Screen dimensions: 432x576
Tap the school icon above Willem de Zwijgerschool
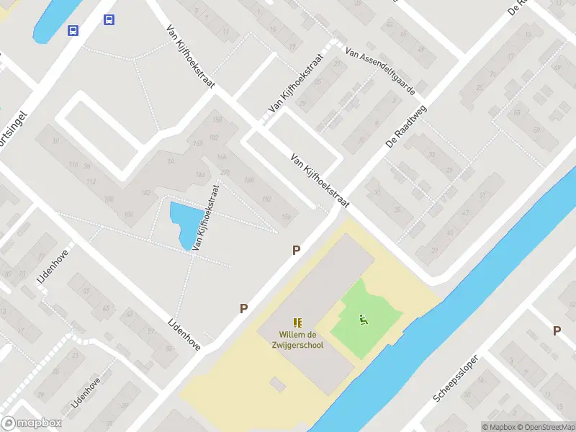(x=297, y=323)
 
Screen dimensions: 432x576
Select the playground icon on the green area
(x=363, y=320)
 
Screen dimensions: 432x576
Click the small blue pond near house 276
(x=183, y=222)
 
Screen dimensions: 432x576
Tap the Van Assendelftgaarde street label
(x=379, y=73)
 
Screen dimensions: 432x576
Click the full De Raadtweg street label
(x=406, y=126)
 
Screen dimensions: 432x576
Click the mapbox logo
(x=32, y=423)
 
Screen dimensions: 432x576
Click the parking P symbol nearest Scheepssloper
(x=556, y=330)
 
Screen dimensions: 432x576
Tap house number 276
(x=225, y=172)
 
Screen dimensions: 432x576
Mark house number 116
(x=73, y=166)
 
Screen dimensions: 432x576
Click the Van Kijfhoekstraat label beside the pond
(x=206, y=216)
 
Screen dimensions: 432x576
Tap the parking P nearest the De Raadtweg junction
(x=296, y=251)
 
